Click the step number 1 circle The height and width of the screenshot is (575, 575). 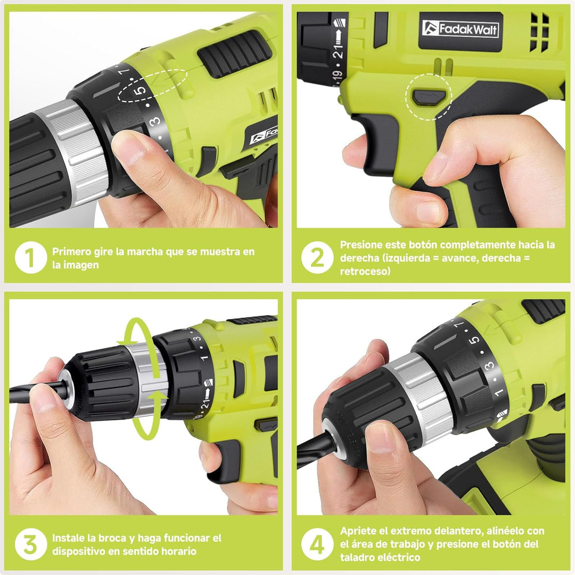click(x=31, y=257)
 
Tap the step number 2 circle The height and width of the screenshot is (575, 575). click(x=317, y=257)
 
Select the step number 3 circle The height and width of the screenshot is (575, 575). click(x=31, y=544)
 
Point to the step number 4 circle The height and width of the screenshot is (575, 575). click(x=317, y=544)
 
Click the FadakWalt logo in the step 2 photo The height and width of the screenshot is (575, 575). click(x=460, y=29)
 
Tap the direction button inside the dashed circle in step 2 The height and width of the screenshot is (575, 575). click(x=429, y=97)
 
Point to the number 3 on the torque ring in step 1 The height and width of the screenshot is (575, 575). click(x=155, y=121)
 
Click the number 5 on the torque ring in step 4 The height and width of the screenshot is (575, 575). click(x=474, y=339)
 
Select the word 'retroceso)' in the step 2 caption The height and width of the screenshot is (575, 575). click(x=365, y=272)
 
